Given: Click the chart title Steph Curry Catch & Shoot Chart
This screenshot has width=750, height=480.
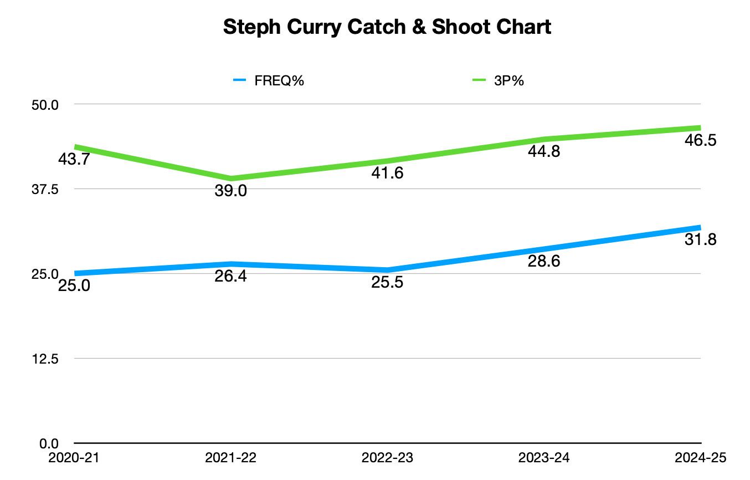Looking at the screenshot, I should pyautogui.click(x=387, y=27).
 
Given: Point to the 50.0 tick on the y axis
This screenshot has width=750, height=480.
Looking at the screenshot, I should pyautogui.click(x=47, y=104).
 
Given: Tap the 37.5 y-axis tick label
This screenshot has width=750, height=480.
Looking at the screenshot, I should pyautogui.click(x=47, y=189).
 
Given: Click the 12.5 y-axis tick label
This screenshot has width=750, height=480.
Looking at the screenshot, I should pyautogui.click(x=47, y=359).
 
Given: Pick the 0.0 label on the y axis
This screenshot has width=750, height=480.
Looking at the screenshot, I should pyautogui.click(x=49, y=443).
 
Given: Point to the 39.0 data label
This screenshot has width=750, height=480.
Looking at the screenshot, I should pyautogui.click(x=230, y=191).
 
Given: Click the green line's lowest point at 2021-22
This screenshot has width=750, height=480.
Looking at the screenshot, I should pyautogui.click(x=231, y=178).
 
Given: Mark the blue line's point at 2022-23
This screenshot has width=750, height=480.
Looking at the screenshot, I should pyautogui.click(x=387, y=270).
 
